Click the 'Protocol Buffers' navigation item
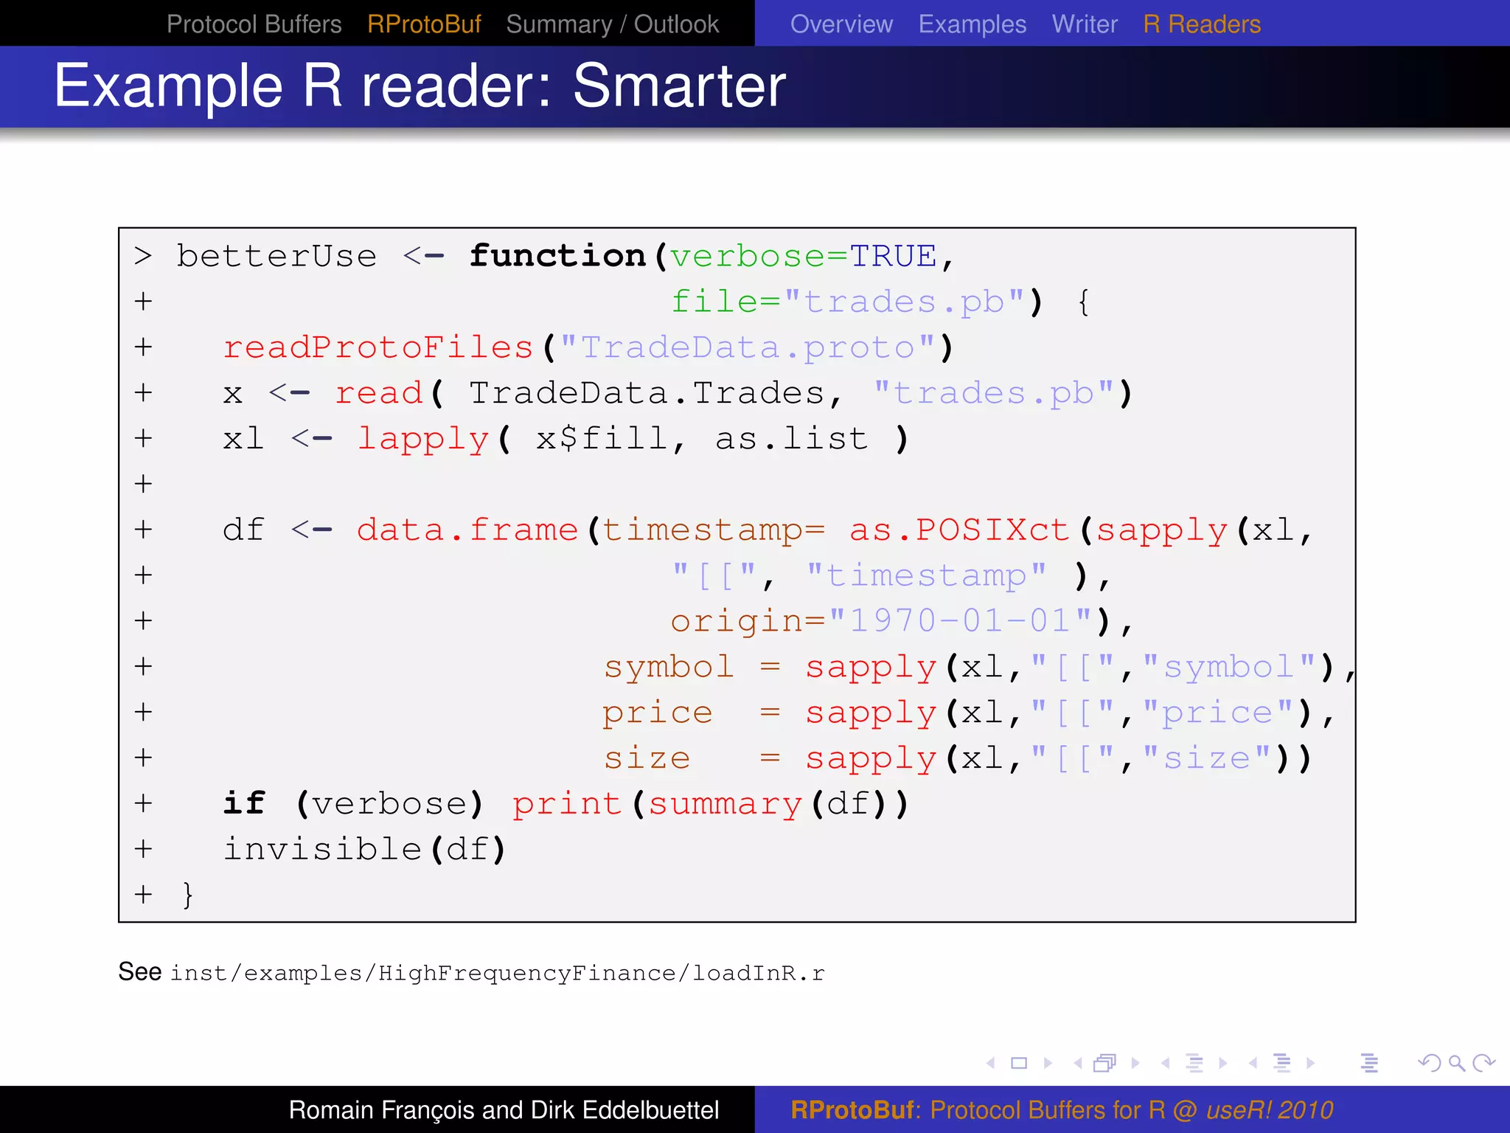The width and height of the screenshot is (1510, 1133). click(254, 24)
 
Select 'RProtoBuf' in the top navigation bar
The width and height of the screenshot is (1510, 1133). click(424, 24)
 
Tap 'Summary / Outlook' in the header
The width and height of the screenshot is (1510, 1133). click(612, 24)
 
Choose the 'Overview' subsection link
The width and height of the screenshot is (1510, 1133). click(841, 24)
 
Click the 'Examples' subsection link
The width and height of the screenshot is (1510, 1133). click(972, 24)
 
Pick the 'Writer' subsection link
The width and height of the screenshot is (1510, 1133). click(1085, 24)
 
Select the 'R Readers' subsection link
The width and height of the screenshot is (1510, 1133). click(1202, 24)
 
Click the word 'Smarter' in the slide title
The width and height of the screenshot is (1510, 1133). click(679, 86)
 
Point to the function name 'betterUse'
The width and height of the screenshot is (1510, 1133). click(276, 257)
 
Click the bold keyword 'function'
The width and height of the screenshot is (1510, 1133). click(558, 256)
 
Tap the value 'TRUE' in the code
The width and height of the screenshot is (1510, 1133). click(893, 257)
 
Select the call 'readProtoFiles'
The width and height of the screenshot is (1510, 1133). click(377, 347)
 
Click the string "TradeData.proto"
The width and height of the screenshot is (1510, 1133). click(748, 347)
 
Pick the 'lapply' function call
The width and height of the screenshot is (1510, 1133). click(423, 440)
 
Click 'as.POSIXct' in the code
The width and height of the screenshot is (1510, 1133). click(958, 530)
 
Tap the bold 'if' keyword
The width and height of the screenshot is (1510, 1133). click(244, 803)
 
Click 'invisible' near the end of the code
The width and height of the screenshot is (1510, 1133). click(322, 849)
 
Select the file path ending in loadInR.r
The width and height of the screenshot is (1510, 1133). click(497, 974)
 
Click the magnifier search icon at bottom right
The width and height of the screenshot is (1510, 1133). click(1456, 1063)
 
